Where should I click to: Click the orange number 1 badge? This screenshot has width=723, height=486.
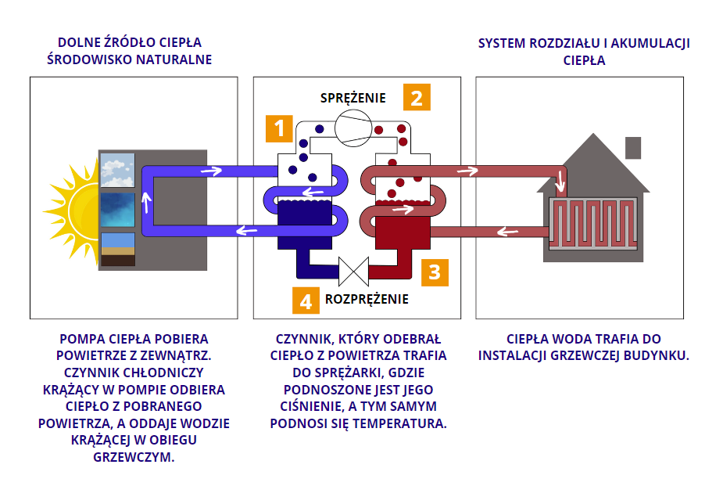pos(279,128)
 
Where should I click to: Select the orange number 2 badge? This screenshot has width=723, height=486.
pos(417,98)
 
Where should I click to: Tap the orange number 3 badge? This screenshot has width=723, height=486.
pos(435,272)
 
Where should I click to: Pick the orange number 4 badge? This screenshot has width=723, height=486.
pos(306,300)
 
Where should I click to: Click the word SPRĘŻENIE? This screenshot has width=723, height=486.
pos(353,98)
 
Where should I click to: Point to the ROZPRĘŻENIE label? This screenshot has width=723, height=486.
pos(367,299)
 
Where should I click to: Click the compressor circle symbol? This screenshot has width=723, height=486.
pos(353,127)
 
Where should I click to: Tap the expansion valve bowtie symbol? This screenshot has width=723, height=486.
pos(353,271)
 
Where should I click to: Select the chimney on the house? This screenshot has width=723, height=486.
pos(633,147)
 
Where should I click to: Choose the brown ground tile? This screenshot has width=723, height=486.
pos(117,254)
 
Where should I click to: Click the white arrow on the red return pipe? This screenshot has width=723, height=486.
pos(509,231)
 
